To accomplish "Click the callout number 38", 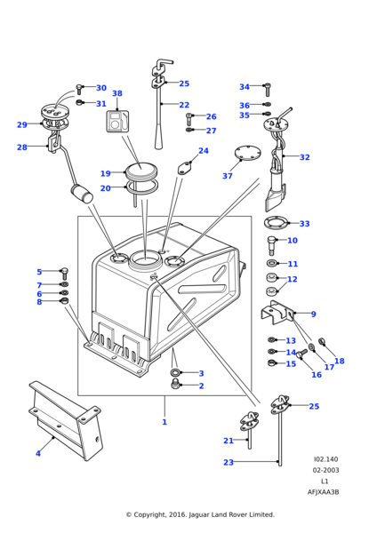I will pyautogui.click(x=116, y=93).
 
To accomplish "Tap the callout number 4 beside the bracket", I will pyautogui.click(x=37, y=453).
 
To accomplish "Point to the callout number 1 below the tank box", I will pyautogui.click(x=164, y=422).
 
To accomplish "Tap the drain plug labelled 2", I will pyautogui.click(x=176, y=385).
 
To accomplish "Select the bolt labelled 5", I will pyautogui.click(x=64, y=272).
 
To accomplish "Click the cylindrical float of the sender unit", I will pyautogui.click(x=83, y=194).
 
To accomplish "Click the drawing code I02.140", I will pyautogui.click(x=325, y=484).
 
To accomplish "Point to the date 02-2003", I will pyautogui.click(x=325, y=495).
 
